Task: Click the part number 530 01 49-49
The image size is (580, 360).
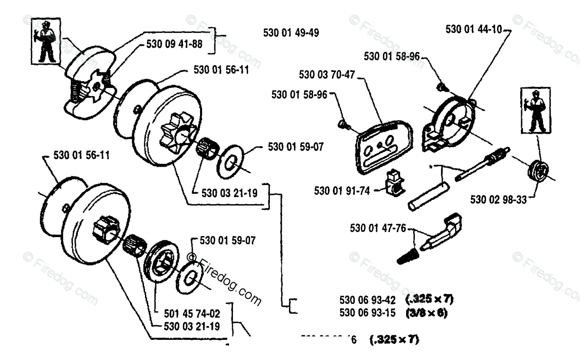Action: click(x=291, y=33)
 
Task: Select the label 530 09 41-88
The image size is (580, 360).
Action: click(x=174, y=44)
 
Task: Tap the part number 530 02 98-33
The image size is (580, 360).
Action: click(x=498, y=199)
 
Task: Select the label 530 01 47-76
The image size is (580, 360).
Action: click(x=377, y=228)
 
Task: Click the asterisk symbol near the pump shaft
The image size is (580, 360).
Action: click(x=431, y=167)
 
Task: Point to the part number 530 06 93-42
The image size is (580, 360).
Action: click(x=368, y=299)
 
